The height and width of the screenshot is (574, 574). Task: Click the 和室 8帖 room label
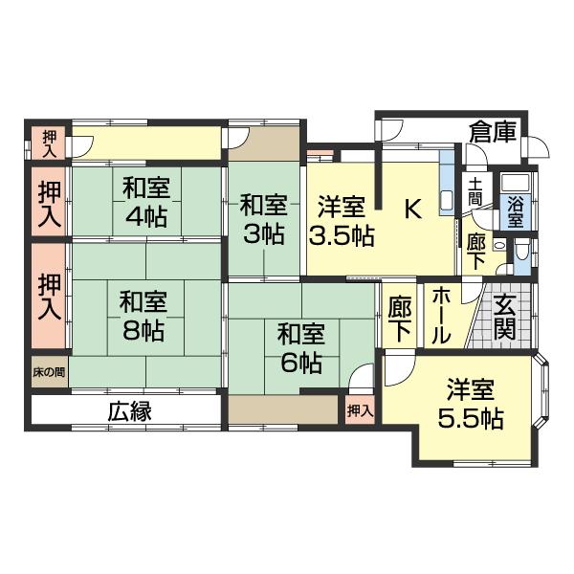point(144,318)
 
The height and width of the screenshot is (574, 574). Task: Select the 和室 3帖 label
point(262,218)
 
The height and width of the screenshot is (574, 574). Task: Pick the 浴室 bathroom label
point(516,210)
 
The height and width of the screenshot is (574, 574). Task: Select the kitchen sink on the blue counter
point(446,201)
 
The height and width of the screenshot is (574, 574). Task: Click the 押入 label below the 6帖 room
point(360,410)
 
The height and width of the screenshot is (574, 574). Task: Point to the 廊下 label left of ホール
point(400,318)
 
